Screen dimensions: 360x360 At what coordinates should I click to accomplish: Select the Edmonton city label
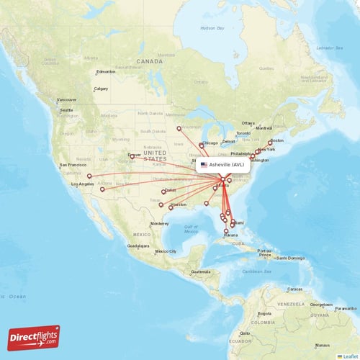[x=106, y=71]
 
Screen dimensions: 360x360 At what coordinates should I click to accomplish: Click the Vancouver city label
[x=67, y=99]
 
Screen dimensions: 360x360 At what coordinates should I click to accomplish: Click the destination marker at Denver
[x=132, y=156]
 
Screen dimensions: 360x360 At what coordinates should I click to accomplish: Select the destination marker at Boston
[x=271, y=142]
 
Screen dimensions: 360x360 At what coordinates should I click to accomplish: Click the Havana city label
[x=230, y=235]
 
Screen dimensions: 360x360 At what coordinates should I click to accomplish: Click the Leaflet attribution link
[x=348, y=356]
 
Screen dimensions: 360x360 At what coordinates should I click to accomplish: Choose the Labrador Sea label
[x=327, y=48]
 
